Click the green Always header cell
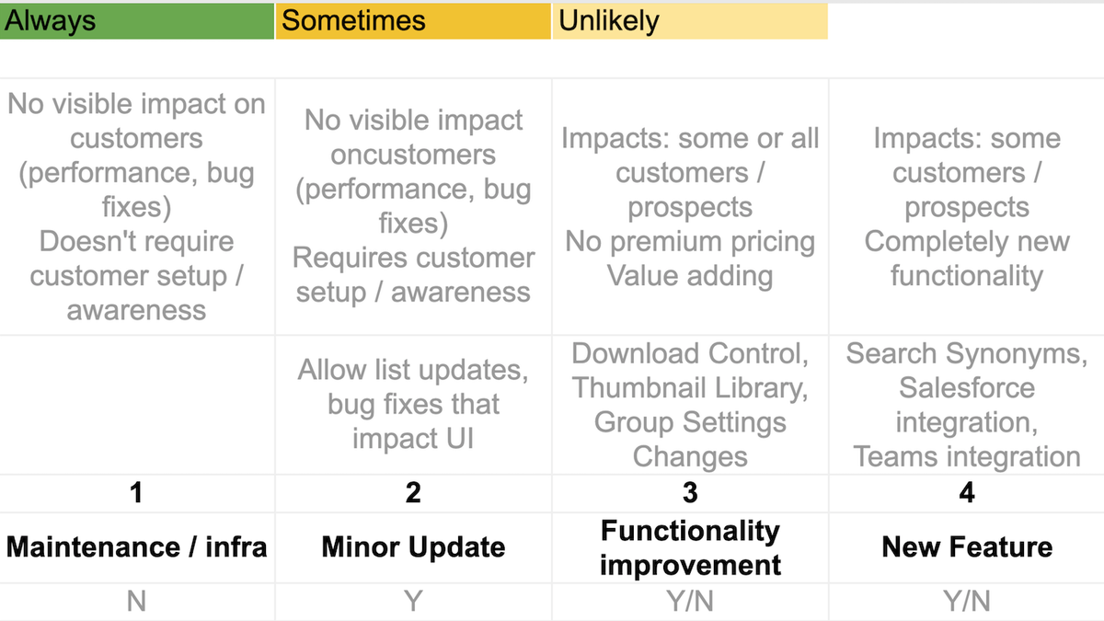pos(137,20)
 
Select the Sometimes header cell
pos(413,20)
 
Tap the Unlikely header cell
pos(689,20)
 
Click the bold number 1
pos(136,493)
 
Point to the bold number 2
pos(413,493)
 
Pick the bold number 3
pos(690,493)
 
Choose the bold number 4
pos(966,493)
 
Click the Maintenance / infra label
pos(136,547)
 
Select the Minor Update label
pos(413,547)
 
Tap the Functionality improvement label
pos(690,547)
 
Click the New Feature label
pos(966,547)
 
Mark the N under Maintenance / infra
pos(136,602)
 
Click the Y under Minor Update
pos(413,602)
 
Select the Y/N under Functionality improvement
pos(690,602)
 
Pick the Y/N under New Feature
pos(966,602)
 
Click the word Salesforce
pos(966,388)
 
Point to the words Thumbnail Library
pos(690,388)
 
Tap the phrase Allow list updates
pos(412,371)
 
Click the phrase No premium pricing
pos(690,242)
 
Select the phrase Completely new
pos(966,242)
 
